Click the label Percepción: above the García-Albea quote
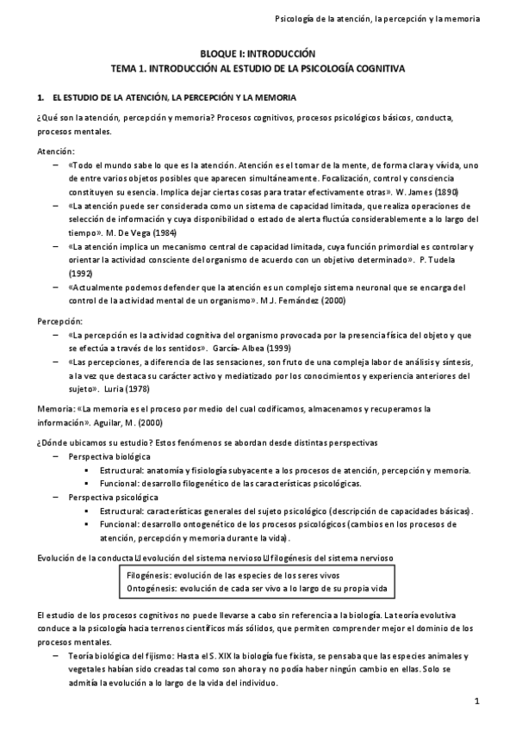59,320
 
